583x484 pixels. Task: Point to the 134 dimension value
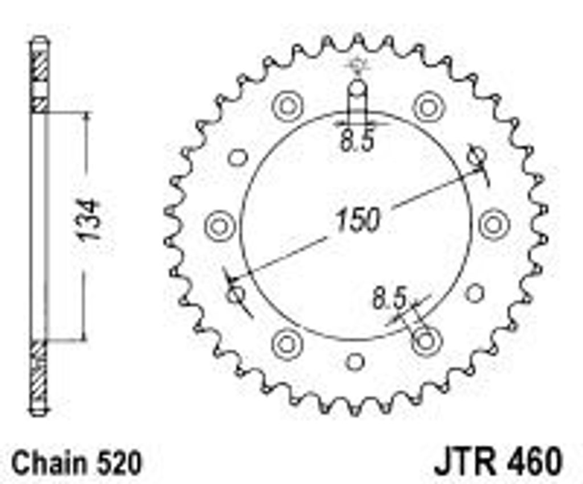coord(89,220)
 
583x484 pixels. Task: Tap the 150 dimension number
coord(358,219)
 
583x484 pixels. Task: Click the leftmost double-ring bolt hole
coord(219,226)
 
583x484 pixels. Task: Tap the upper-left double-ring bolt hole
coord(288,106)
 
